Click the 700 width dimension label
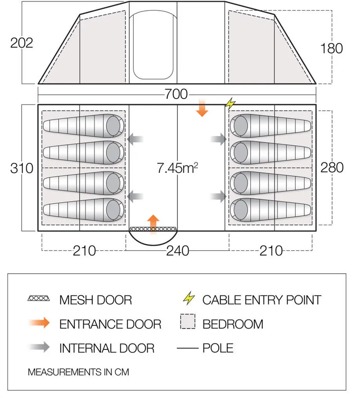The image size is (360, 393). point(176,94)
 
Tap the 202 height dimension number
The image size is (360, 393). point(22,43)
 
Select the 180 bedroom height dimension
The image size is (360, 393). point(332,48)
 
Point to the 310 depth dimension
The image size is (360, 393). point(22,168)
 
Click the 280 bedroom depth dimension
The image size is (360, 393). point(332,167)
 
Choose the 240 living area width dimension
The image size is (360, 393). point(178,251)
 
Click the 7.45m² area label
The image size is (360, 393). point(177,167)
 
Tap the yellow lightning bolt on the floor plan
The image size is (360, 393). point(230,103)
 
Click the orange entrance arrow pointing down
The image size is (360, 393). point(202,108)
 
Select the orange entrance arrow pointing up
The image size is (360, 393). point(153,224)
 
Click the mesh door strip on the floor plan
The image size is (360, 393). point(153,229)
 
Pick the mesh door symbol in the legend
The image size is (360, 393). point(39,298)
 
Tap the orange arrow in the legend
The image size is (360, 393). point(39,323)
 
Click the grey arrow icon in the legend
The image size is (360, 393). point(39,347)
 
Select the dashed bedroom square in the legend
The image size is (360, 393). point(188,321)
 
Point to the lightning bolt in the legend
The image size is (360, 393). point(189,298)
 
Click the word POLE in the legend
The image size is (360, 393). point(218,348)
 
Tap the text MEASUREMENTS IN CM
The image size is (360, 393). point(78,372)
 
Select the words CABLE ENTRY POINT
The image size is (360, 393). point(262,300)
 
